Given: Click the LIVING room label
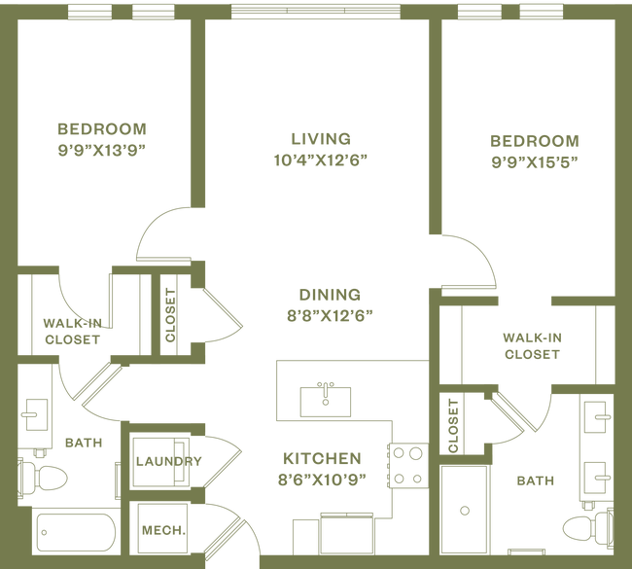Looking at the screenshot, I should [x=320, y=138].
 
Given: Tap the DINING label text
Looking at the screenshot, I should [x=330, y=294].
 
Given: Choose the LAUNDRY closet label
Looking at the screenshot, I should [x=170, y=461].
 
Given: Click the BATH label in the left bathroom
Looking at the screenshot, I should [x=84, y=444].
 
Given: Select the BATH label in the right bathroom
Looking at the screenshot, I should [x=535, y=481].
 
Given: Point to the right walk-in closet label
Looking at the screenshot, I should [x=532, y=345].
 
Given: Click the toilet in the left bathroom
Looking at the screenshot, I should [x=43, y=477].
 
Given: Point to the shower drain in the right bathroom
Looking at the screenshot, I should [x=465, y=508].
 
